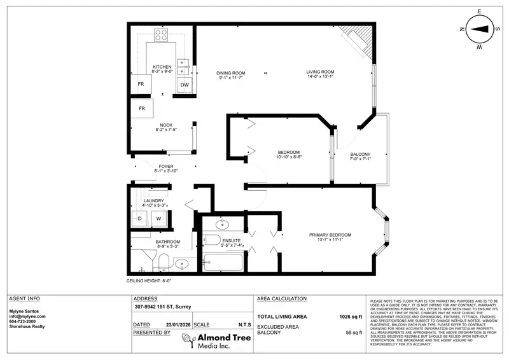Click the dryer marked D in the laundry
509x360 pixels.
click(x=139, y=218)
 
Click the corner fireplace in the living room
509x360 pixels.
click(x=354, y=39)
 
